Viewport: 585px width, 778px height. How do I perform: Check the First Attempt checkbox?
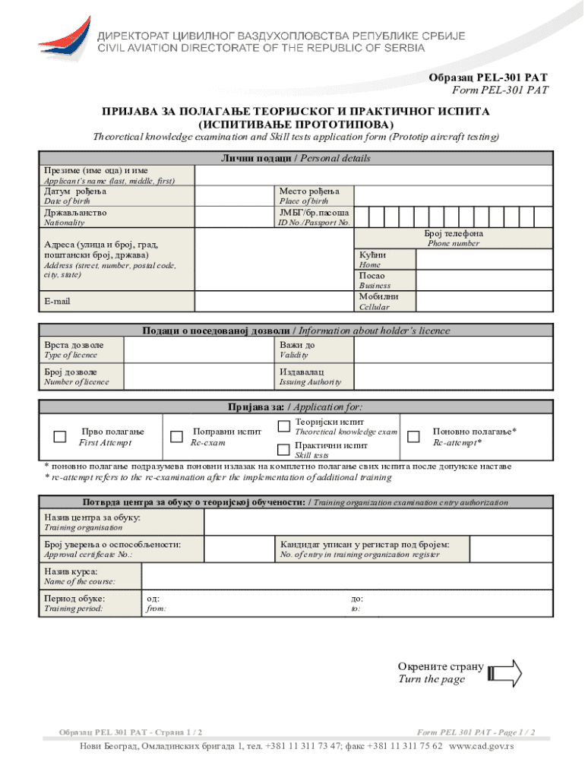(59, 436)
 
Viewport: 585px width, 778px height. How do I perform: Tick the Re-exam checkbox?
(176, 436)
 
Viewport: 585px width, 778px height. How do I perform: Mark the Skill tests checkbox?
(283, 448)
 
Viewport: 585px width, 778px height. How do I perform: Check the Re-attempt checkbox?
(414, 436)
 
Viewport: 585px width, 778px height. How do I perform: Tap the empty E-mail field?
(274, 301)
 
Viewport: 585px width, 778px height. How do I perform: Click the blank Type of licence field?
(199, 350)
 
